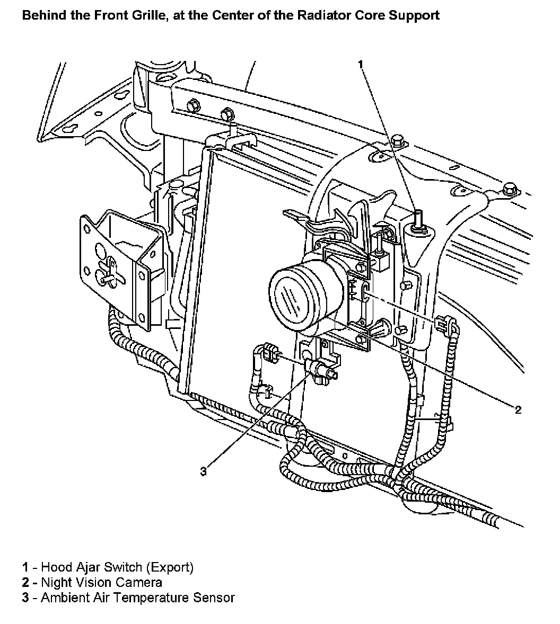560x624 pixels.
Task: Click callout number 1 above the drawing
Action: (x=361, y=64)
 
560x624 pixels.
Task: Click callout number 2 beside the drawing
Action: (x=518, y=409)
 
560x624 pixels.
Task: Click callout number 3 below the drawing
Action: (x=204, y=471)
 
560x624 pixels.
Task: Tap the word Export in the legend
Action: (x=170, y=567)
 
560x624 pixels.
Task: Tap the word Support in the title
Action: (x=417, y=15)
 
